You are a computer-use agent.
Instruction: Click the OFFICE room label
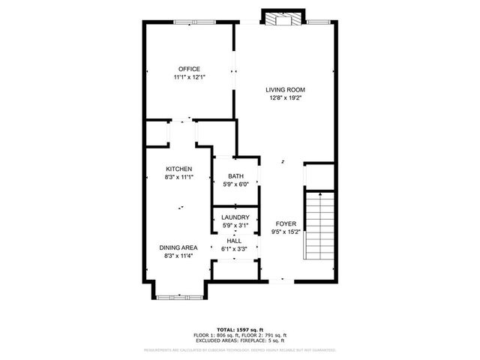point(189,69)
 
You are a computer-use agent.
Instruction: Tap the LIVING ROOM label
point(286,89)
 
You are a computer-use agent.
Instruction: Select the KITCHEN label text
point(179,169)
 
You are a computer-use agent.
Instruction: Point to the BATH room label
point(235,175)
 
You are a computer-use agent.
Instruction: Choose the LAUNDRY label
point(235,217)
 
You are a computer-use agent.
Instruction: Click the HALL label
point(235,240)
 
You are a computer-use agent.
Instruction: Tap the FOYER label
point(286,223)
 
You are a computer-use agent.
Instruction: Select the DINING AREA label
point(178,247)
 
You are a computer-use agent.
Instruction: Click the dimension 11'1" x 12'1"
point(189,77)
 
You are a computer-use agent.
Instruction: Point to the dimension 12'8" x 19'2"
point(286,97)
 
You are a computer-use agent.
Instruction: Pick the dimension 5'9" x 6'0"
point(235,184)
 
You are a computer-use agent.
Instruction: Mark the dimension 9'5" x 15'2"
point(286,232)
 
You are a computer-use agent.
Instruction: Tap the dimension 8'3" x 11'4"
point(178,256)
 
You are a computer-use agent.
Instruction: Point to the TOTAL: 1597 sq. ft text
point(240,329)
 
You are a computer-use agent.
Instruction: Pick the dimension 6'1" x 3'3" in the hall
point(235,248)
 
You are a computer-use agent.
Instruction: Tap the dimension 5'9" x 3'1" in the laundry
point(235,226)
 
